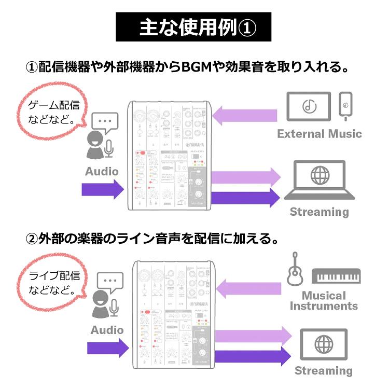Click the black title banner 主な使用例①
(194, 27)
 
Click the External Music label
(319, 134)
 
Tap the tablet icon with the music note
(310, 107)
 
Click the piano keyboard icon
(336, 275)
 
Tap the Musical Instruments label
(324, 301)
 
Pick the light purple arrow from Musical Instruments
(247, 286)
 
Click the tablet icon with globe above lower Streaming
(325, 344)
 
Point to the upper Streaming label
(319, 212)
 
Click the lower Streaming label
(324, 371)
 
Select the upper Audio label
(102, 171)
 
